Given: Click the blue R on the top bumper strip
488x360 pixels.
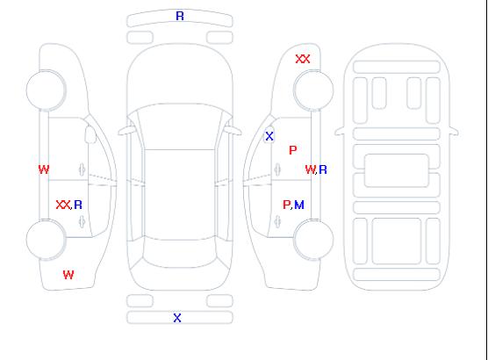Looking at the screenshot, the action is point(180,16).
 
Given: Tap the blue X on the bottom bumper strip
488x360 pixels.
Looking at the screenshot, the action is point(177,318).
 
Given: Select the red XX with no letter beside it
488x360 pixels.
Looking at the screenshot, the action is point(303,59).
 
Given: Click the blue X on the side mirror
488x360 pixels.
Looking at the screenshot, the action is point(269,136).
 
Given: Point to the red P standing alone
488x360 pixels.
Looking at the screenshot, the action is point(293,150).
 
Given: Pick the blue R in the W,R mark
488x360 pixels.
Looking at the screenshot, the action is point(323,169).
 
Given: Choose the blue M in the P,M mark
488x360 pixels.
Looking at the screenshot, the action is point(299,205).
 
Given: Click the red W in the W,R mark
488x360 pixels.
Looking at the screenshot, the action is point(310,169).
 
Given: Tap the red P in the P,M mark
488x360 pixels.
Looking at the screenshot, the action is point(286,205).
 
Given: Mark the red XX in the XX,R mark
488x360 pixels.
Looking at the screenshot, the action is point(63,205).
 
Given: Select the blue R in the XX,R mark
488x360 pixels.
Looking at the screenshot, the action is point(78,205).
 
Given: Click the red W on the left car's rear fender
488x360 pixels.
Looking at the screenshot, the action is point(68,275).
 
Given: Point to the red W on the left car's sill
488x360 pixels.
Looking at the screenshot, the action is point(44,169).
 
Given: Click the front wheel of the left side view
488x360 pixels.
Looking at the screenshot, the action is point(46,90).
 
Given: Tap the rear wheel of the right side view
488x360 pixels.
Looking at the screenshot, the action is point(313,239).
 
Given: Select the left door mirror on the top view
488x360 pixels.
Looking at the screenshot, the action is point(126,131).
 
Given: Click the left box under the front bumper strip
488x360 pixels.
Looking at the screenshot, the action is point(140,38).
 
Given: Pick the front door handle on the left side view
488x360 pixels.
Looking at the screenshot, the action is point(82,169).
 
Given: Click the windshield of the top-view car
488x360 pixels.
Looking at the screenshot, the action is point(180,126).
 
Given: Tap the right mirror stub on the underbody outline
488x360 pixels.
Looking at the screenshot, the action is point(454,132).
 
